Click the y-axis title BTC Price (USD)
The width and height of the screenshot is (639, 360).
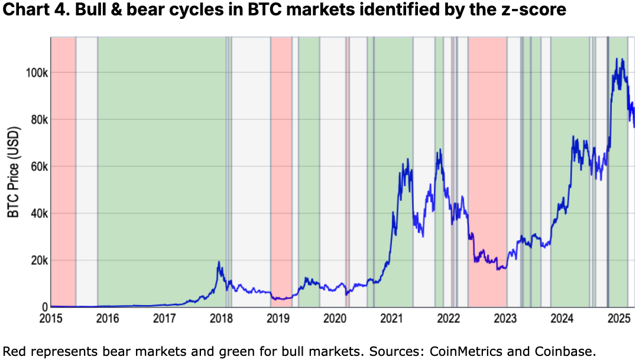14,171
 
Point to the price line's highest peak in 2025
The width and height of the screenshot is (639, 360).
617,59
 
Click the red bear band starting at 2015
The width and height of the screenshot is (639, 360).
63,171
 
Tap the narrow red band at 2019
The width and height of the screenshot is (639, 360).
281,171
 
